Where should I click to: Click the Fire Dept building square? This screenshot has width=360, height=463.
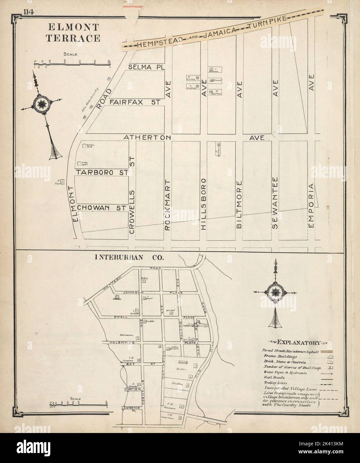point(79,164)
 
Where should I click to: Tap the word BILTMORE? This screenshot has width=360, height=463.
point(239,204)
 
